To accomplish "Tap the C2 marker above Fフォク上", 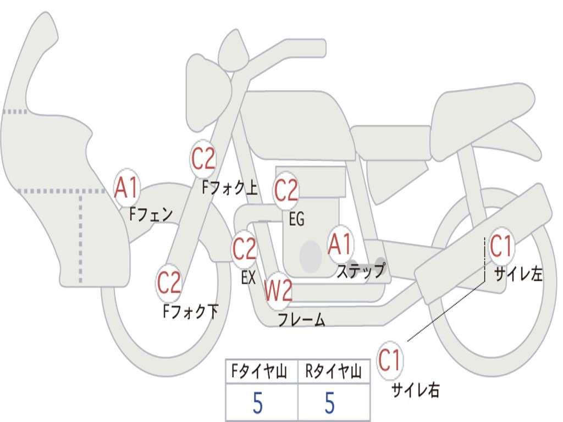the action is [203, 158].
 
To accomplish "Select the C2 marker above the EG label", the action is [286, 190].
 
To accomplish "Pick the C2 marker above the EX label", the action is [244, 248].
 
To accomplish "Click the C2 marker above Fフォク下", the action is [169, 282].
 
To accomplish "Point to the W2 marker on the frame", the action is [278, 290].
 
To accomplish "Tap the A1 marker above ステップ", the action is [340, 244].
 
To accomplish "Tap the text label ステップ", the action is [361, 270].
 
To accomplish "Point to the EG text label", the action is [296, 219].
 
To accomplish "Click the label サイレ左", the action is [518, 274].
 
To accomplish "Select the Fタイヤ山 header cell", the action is [259, 371].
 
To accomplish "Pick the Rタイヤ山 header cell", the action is [333, 371].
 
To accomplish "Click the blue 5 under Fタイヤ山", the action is [258, 403].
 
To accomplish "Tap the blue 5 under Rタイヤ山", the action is [330, 403].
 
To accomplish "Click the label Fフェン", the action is [151, 214].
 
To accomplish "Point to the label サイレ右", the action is [416, 390].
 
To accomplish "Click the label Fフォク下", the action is [190, 311].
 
